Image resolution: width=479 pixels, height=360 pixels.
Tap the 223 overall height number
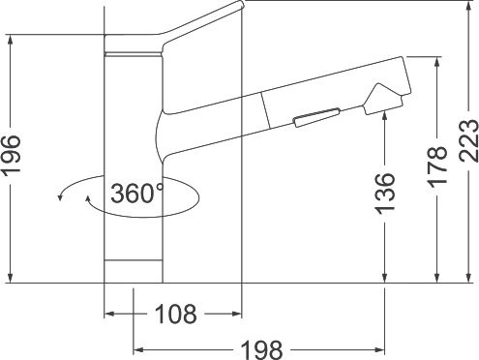[468, 140]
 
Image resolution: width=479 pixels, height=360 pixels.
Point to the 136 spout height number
[385, 194]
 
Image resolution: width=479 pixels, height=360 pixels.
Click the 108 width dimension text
[175, 315]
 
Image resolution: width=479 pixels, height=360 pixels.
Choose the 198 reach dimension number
[261, 350]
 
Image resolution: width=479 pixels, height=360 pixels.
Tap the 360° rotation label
[136, 194]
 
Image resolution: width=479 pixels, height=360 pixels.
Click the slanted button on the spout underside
[316, 117]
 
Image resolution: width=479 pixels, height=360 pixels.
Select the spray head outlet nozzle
[384, 100]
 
